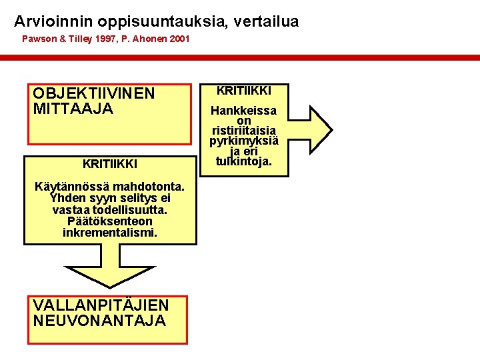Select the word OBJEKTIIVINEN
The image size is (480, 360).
(x=93, y=93)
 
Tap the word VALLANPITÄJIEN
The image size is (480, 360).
(x=101, y=305)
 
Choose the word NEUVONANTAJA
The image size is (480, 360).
(x=99, y=320)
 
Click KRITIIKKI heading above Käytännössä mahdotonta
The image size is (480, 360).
(x=110, y=163)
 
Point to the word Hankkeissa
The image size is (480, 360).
(x=244, y=111)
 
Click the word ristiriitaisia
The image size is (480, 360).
(x=244, y=131)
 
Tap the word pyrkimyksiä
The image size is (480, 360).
(x=244, y=141)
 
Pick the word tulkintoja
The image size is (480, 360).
(x=244, y=161)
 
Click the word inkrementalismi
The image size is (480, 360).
(x=110, y=233)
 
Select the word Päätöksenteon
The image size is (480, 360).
(x=110, y=221)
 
